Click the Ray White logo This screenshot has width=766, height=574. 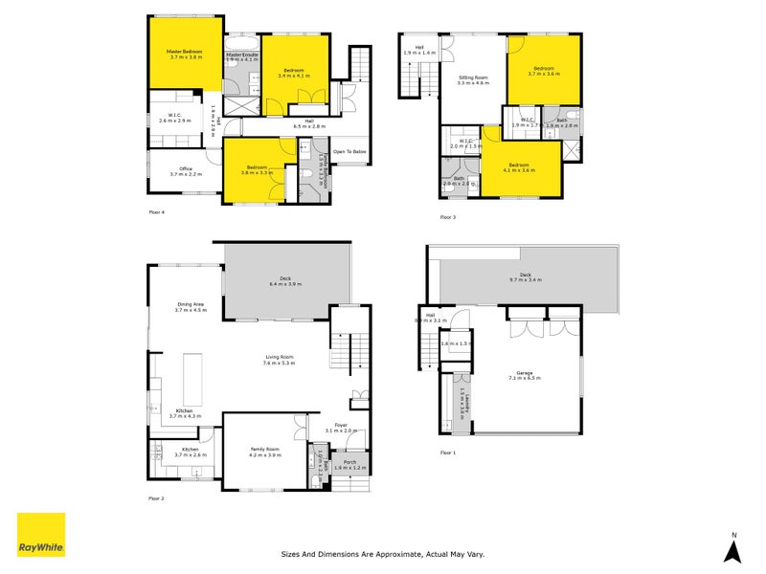pyautogui.click(x=41, y=535)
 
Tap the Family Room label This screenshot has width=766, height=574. pyautogui.click(x=265, y=453)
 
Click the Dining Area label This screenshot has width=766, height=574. pyautogui.click(x=191, y=307)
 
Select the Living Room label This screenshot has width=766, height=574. pyautogui.click(x=280, y=360)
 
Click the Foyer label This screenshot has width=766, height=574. pyautogui.click(x=341, y=428)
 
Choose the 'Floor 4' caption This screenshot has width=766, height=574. pyautogui.click(x=157, y=211)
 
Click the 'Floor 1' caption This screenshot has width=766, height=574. pyautogui.click(x=448, y=452)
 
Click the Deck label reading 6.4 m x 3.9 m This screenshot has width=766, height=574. pyautogui.click(x=285, y=282)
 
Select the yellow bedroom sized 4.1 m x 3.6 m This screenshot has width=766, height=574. pyautogui.click(x=520, y=167)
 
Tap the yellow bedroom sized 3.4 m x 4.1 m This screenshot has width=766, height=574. pyautogui.click(x=292, y=72)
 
